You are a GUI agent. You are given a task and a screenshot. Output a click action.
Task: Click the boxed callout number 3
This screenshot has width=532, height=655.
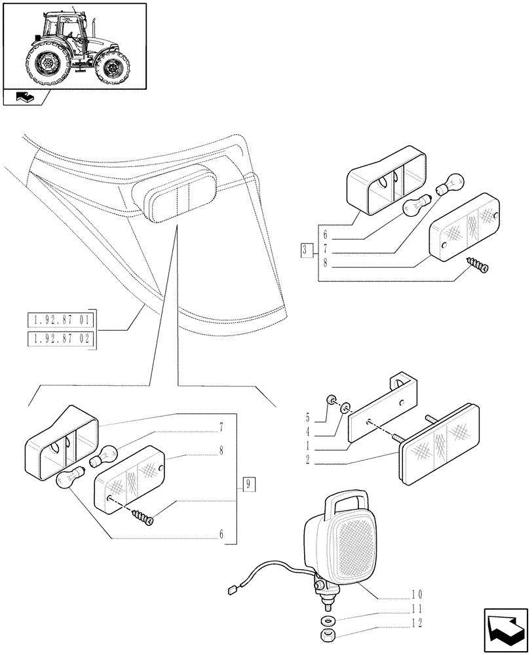[x=306, y=250]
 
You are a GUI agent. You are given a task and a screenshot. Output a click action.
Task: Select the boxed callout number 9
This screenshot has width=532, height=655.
[x=249, y=485]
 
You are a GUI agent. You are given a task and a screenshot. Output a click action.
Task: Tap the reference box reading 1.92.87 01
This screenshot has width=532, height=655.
[x=61, y=321]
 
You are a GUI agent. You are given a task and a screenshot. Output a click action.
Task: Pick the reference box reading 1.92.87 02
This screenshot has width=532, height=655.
[x=61, y=339]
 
